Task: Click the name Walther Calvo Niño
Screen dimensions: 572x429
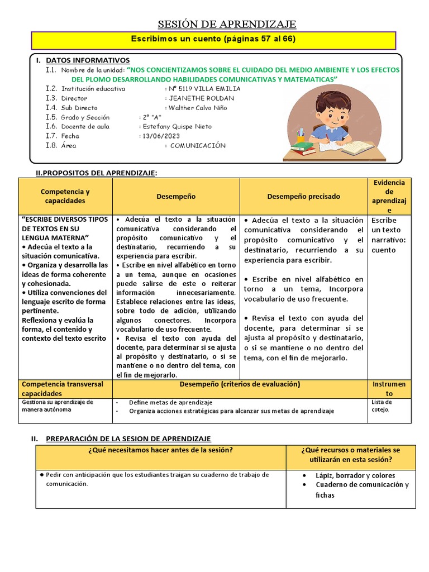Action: tap(198, 108)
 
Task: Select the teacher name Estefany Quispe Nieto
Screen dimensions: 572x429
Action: tap(177, 127)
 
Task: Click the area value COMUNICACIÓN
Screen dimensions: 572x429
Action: tap(198, 146)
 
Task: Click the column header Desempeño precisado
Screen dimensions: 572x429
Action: tap(303, 197)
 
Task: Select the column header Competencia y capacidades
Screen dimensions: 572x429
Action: tap(65, 196)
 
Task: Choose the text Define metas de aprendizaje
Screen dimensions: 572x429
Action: tap(170, 402)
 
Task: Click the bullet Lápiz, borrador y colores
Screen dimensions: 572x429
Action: tap(355, 475)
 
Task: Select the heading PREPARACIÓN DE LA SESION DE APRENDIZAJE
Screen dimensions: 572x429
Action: tap(128, 439)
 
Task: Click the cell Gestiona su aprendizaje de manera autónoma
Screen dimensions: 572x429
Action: tap(58, 406)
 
